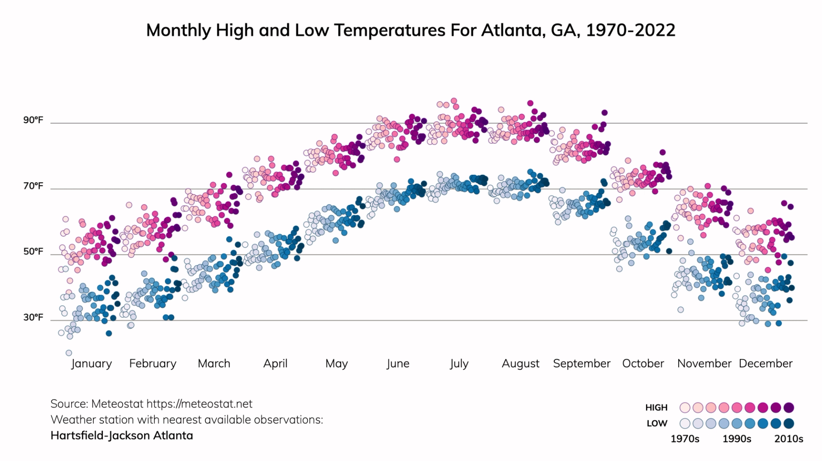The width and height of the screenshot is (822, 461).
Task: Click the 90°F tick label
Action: click(33, 120)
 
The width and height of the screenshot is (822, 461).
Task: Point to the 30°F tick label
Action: click(33, 317)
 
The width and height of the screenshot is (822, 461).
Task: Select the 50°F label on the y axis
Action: click(33, 251)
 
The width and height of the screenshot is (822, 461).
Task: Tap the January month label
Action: click(91, 363)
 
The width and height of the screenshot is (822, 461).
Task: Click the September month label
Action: click(581, 363)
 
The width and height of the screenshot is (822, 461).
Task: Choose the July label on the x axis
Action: click(459, 363)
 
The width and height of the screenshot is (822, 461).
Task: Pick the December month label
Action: click(765, 363)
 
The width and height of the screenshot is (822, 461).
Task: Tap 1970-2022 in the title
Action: click(630, 30)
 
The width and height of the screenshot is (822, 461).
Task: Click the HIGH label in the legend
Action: click(656, 408)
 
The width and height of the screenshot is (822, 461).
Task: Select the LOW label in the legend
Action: click(657, 423)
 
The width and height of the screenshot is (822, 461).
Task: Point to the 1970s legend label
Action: click(685, 439)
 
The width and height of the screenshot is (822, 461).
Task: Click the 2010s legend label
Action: click(789, 439)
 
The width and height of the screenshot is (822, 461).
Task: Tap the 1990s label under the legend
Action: click(737, 439)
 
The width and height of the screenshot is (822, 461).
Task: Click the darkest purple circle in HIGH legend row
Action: click(789, 408)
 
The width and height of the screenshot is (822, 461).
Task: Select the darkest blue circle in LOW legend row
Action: click(789, 423)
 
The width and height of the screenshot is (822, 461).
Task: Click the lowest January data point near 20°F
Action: click(68, 353)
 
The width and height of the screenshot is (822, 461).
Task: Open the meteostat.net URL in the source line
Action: click(200, 404)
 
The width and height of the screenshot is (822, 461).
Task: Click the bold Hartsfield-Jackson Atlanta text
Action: click(122, 435)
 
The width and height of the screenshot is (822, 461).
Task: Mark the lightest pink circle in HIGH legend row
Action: click(685, 408)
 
